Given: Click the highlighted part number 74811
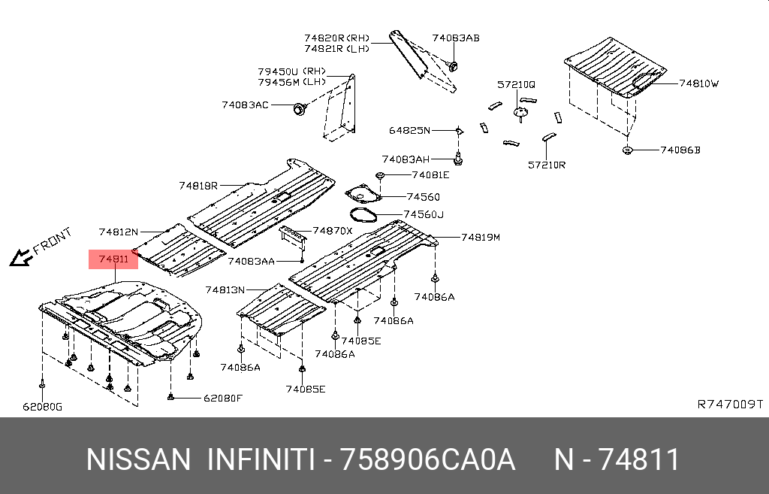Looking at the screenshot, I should pyautogui.click(x=113, y=259).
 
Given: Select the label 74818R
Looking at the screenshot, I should pyautogui.click(x=198, y=186).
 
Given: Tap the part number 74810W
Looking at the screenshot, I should pyautogui.click(x=698, y=84).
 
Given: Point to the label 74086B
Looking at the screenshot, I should pyautogui.click(x=680, y=150).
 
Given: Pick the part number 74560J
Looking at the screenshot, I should pyautogui.click(x=424, y=215).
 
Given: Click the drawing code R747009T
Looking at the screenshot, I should pyautogui.click(x=730, y=404).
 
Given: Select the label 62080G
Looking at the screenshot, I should pyautogui.click(x=42, y=407).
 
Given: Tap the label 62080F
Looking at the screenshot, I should pyautogui.click(x=223, y=397).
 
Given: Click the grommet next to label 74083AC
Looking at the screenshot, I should pyautogui.click(x=299, y=110).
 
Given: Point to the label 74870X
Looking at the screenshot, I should pyautogui.click(x=332, y=231).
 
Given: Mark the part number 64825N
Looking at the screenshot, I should pyautogui.click(x=409, y=131).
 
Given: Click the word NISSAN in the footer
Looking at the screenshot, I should pyautogui.click(x=138, y=459).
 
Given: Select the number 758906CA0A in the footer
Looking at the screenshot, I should pyautogui.click(x=427, y=459).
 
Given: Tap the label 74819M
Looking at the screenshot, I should pyautogui.click(x=480, y=237).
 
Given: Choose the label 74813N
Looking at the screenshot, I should pyautogui.click(x=225, y=289).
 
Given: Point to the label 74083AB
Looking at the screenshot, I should pyautogui.click(x=455, y=38).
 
